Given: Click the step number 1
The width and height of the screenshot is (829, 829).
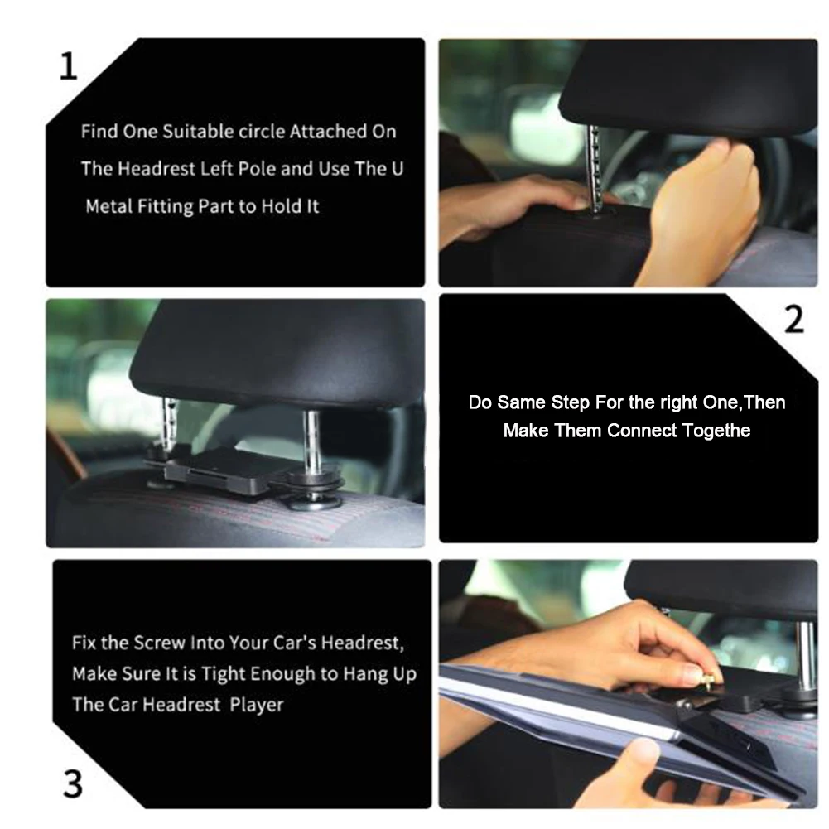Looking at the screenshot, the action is click(x=68, y=66).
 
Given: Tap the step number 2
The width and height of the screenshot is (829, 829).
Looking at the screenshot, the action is click(x=794, y=320).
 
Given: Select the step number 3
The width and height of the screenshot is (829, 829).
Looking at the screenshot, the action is click(x=73, y=783).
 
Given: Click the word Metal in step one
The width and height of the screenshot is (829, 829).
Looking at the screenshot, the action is click(x=109, y=206).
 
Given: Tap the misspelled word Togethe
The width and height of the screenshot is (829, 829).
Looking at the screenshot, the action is click(x=716, y=431).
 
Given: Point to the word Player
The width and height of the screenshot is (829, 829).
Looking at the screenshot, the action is click(x=257, y=705).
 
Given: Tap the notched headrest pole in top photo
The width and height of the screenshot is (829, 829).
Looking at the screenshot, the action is click(x=595, y=168).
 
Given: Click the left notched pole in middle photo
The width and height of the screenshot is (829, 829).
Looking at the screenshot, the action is click(x=170, y=424).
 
